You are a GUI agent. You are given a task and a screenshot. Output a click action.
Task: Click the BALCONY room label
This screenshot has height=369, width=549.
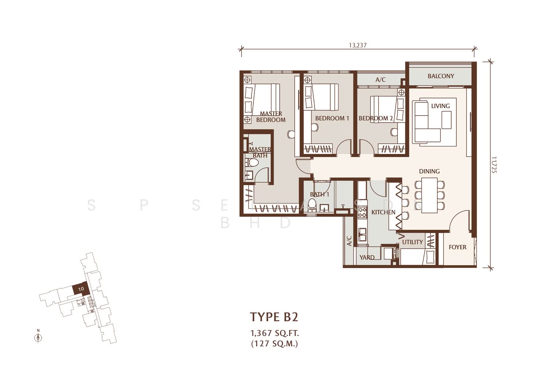pyautogui.click(x=441, y=76)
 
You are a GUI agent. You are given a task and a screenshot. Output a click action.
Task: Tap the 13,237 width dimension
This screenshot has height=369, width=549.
pyautogui.click(x=358, y=45)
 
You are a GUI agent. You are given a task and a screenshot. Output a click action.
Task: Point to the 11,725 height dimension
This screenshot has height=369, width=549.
pyautogui.click(x=494, y=165)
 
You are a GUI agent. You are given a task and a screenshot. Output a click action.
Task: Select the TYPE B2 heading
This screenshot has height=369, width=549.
pyautogui.click(x=274, y=317)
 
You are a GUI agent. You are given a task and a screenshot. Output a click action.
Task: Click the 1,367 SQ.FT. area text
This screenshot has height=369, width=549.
pyautogui.click(x=274, y=333)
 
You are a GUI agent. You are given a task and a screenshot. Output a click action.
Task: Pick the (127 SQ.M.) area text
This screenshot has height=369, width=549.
pyautogui.click(x=274, y=343)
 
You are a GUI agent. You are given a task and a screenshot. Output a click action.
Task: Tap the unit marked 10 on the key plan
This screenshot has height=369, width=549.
pyautogui.click(x=80, y=289)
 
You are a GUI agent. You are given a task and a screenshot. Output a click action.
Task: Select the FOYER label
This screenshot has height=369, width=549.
pyautogui.click(x=457, y=247)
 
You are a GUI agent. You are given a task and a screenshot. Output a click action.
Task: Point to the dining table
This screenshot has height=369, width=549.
pyautogui.click(x=429, y=195)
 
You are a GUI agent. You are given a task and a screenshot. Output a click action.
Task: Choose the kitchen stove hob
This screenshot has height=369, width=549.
pyautogui.click(x=362, y=212)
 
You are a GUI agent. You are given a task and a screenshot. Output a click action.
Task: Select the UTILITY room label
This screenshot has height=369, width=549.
pyautogui.click(x=412, y=242)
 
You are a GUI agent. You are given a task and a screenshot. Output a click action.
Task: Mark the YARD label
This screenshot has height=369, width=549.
pyautogui.click(x=367, y=257)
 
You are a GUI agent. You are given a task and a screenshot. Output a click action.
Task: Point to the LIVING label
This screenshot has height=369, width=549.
pyautogui.click(x=440, y=106)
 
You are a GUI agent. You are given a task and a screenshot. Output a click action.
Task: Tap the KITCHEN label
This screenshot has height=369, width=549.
pyautogui.click(x=383, y=212)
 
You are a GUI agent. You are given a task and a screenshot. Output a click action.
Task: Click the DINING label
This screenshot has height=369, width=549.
pyautogui.click(x=429, y=172)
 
